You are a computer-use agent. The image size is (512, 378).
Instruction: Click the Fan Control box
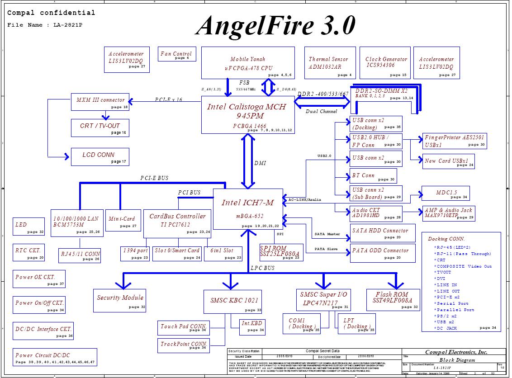click(177, 54)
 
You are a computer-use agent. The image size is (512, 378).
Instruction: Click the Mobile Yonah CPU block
click(248, 63)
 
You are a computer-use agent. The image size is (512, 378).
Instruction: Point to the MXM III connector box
click(100, 102)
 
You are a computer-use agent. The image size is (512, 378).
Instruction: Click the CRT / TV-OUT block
click(100, 128)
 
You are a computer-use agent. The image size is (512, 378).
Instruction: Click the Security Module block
click(120, 300)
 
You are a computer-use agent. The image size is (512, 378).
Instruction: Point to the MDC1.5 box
click(446, 193)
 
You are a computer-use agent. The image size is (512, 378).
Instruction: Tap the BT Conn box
click(373, 175)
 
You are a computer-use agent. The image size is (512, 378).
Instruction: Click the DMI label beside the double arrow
click(260, 163)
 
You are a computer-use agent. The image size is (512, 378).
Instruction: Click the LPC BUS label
click(262, 268)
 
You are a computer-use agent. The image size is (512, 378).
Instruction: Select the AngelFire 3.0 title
click(275, 26)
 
